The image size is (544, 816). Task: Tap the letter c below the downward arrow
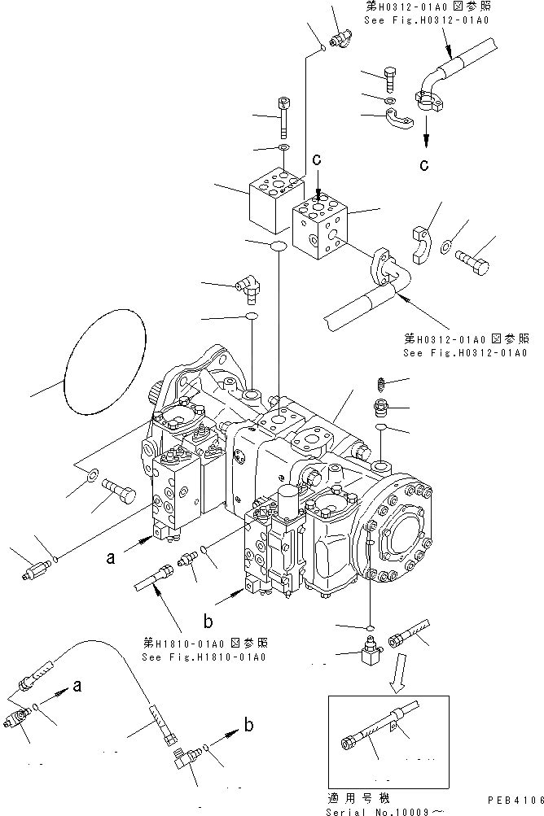tap(423, 166)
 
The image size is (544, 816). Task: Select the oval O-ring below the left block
tap(277, 245)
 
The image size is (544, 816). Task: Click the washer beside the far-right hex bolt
tap(448, 245)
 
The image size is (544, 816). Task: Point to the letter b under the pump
tap(208, 622)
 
